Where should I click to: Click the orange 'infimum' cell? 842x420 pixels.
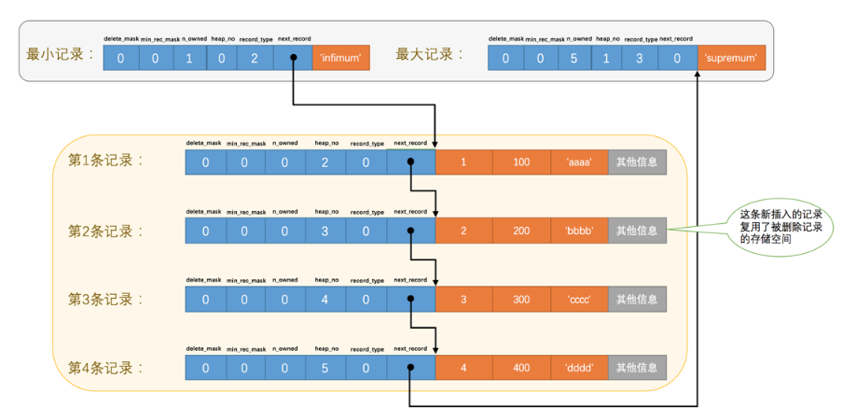pyautogui.click(x=341, y=58)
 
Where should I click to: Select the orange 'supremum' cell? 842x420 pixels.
pyautogui.click(x=731, y=58)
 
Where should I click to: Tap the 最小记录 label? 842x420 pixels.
pyautogui.click(x=60, y=54)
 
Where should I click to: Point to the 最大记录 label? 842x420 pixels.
pyautogui.click(x=430, y=54)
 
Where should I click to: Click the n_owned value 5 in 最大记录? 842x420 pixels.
pyautogui.click(x=573, y=58)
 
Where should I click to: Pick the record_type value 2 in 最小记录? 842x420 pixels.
pyautogui.click(x=255, y=58)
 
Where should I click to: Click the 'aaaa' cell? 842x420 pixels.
pyautogui.click(x=579, y=162)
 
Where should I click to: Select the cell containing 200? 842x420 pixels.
pyautogui.click(x=521, y=231)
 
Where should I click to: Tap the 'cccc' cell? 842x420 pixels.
pyautogui.click(x=579, y=299)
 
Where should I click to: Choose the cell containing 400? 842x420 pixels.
pyautogui.click(x=521, y=368)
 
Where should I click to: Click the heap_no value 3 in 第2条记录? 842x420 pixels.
pyautogui.click(x=324, y=231)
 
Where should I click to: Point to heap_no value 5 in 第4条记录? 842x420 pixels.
pyautogui.click(x=324, y=368)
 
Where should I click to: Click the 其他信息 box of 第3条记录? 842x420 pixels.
pyautogui.click(x=638, y=299)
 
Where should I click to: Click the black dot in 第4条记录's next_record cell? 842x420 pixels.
pyautogui.click(x=410, y=368)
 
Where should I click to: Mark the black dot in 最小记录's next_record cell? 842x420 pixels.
pyautogui.click(x=293, y=58)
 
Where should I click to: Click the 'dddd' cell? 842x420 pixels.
pyautogui.click(x=579, y=368)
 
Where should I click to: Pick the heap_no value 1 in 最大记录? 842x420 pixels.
pyautogui.click(x=607, y=58)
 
